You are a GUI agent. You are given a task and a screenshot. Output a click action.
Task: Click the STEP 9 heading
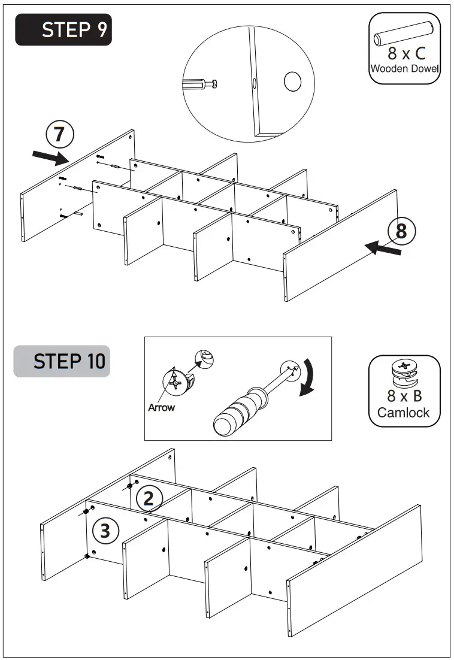[x=63, y=30]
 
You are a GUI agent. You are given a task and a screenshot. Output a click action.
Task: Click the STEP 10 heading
[x=62, y=362]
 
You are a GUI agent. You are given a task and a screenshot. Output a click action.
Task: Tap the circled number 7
[x=59, y=135]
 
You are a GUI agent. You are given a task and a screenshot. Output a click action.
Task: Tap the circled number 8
[x=401, y=231]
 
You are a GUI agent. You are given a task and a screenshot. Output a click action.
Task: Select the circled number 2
[x=149, y=498]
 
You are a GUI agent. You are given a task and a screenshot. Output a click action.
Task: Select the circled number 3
[x=105, y=531]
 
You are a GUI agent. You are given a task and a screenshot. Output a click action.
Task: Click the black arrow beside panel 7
[x=50, y=158]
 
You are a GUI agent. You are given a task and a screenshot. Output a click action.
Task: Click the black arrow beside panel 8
[x=383, y=248]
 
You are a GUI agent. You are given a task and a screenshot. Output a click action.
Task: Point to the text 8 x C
[x=406, y=54]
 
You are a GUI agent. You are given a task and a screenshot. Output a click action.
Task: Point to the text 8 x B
[x=404, y=396]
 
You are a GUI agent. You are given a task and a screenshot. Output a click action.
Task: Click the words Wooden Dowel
[x=404, y=68]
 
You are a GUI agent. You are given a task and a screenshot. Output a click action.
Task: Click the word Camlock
[x=404, y=413]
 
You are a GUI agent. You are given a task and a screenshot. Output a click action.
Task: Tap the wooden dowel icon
[x=404, y=34]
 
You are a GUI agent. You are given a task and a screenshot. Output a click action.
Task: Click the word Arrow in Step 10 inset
[x=161, y=408]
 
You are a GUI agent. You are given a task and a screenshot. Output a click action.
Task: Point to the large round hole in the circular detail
[x=292, y=82]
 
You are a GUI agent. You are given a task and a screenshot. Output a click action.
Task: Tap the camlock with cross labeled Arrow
[x=175, y=381]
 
